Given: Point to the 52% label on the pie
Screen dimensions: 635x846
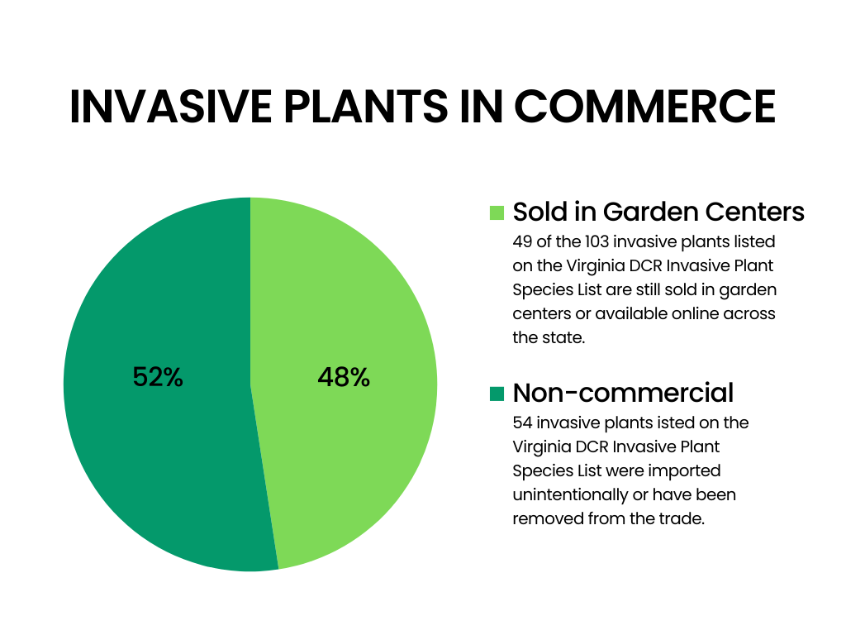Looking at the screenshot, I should pyautogui.click(x=158, y=378).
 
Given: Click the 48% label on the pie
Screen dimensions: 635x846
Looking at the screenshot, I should pyautogui.click(x=344, y=378).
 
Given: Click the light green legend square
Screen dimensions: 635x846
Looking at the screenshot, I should pyautogui.click(x=497, y=212).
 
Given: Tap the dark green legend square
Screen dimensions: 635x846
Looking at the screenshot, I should pyautogui.click(x=497, y=394).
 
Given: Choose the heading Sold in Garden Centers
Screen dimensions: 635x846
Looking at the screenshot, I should pyautogui.click(x=658, y=212).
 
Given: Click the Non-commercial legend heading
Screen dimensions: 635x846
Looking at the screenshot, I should pyautogui.click(x=623, y=392).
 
